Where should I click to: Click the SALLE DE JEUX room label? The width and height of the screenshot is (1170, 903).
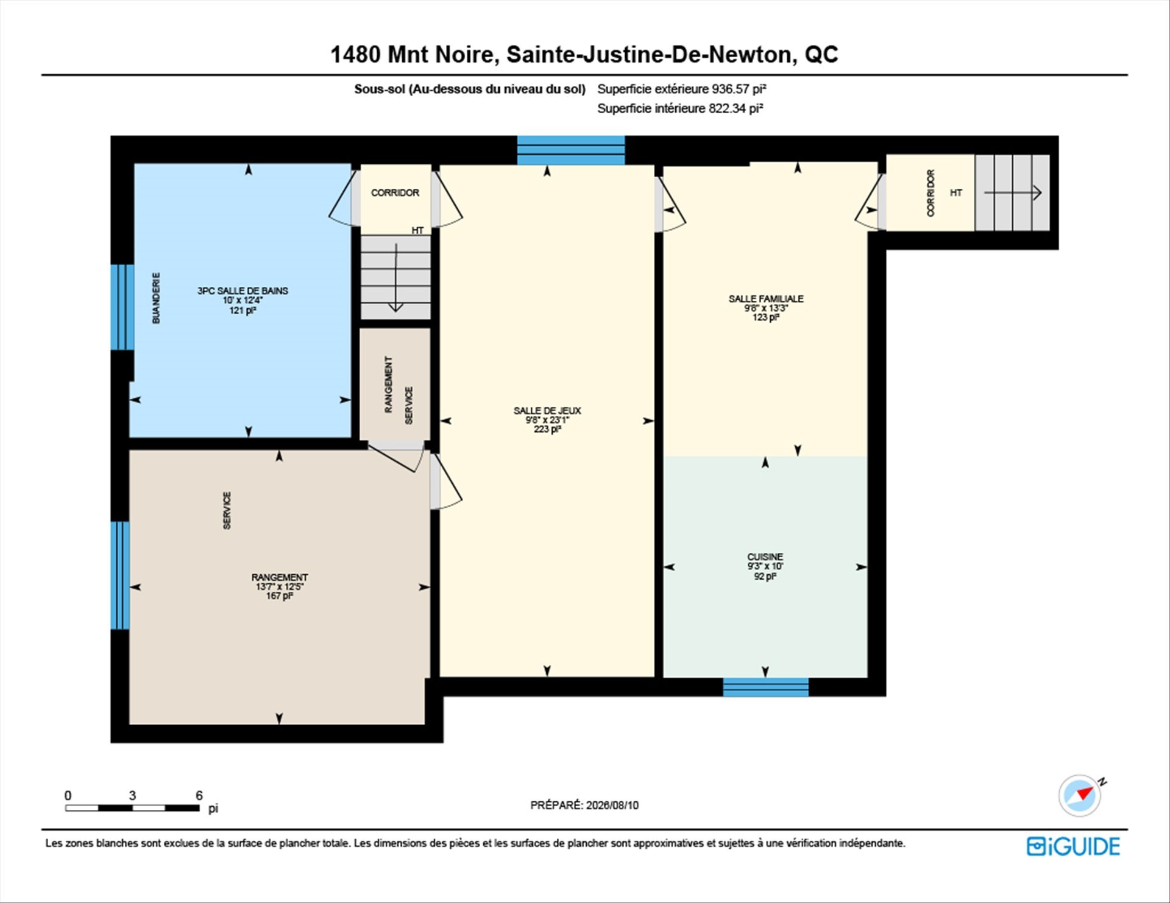pyautogui.click(x=547, y=410)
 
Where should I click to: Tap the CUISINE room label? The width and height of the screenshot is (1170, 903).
pyautogui.click(x=765, y=557)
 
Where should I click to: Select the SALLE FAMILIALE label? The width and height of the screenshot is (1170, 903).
pyautogui.click(x=766, y=298)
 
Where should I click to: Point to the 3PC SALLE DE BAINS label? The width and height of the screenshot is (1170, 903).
pyautogui.click(x=243, y=290)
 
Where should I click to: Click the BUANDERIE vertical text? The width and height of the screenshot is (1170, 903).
pyautogui.click(x=156, y=298)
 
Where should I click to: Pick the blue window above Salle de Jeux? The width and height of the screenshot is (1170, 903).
pyautogui.click(x=571, y=150)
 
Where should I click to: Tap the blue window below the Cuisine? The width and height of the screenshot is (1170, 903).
pyautogui.click(x=765, y=687)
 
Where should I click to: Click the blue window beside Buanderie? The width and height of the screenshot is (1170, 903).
pyautogui.click(x=122, y=307)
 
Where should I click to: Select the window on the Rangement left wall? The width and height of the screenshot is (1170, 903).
pyautogui.click(x=120, y=575)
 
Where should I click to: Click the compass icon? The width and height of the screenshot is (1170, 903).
pyautogui.click(x=1080, y=795)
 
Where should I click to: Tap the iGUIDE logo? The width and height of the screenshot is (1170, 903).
pyautogui.click(x=1073, y=846)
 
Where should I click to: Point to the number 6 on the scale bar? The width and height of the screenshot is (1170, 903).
pyautogui.click(x=199, y=795)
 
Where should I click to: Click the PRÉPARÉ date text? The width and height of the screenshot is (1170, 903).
pyautogui.click(x=584, y=805)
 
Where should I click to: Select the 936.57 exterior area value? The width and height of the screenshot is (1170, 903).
pyautogui.click(x=730, y=89)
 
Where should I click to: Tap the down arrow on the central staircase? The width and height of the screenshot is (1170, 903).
pyautogui.click(x=396, y=278)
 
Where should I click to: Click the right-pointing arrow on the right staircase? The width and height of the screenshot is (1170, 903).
pyautogui.click(x=1013, y=192)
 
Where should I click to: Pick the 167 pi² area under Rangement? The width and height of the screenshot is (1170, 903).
pyautogui.click(x=279, y=596)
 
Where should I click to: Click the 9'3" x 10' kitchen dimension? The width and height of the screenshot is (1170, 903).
pyautogui.click(x=765, y=566)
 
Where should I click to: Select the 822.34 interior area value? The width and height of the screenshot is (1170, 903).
pyautogui.click(x=727, y=108)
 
